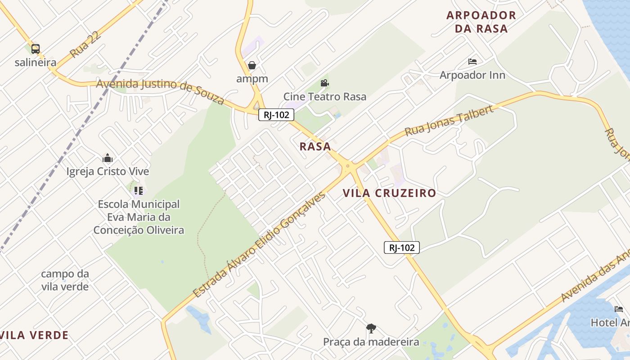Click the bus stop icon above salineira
[36, 49]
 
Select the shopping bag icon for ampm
[252, 65]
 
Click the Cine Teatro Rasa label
[324, 96]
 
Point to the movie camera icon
[324, 83]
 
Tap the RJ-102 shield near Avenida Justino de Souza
[276, 115]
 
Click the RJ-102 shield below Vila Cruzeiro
[401, 247]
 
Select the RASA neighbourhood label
[315, 146]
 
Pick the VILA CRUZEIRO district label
[389, 193]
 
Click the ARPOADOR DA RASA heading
[481, 22]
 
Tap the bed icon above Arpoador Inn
[472, 62]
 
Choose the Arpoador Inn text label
[472, 75]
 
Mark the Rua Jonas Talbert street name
[449, 121]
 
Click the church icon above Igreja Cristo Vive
[108, 158]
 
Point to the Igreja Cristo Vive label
[108, 171]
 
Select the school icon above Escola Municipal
[139, 191]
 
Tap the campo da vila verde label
[65, 280]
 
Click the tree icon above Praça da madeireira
[371, 328]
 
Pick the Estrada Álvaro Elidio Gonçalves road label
[259, 245]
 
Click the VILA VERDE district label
[35, 335]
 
